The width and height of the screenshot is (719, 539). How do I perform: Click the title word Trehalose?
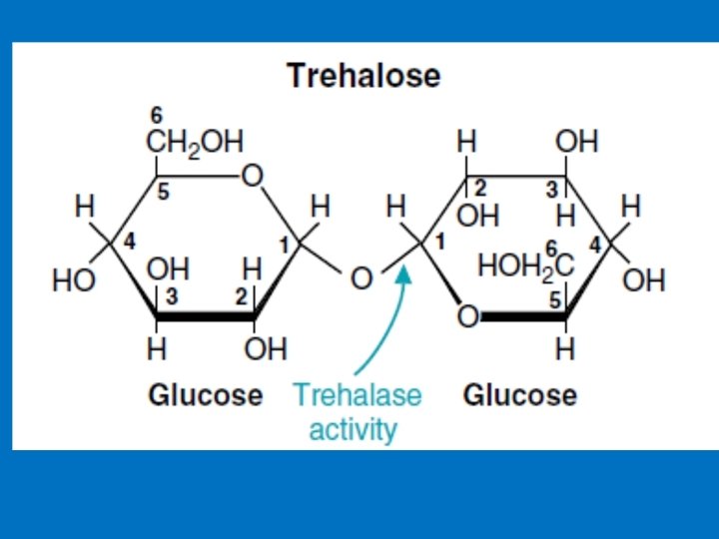[363, 76]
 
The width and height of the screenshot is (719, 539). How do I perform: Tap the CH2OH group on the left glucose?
[195, 142]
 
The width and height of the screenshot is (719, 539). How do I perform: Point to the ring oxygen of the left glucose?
[252, 177]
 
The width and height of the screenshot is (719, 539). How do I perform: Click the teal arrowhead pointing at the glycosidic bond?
[404, 272]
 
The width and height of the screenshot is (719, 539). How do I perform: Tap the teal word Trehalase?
[357, 395]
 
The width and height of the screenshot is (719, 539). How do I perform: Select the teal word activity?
[353, 430]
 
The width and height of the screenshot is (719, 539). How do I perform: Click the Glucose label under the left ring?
[205, 395]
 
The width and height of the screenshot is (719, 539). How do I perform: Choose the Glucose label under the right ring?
[519, 395]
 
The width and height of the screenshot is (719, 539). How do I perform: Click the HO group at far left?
[75, 281]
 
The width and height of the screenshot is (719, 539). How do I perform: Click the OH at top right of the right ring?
[576, 142]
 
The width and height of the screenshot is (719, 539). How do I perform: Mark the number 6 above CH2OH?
[158, 115]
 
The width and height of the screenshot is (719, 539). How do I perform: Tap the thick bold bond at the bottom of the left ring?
[206, 318]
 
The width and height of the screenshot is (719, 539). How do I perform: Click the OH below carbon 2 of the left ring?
[266, 349]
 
